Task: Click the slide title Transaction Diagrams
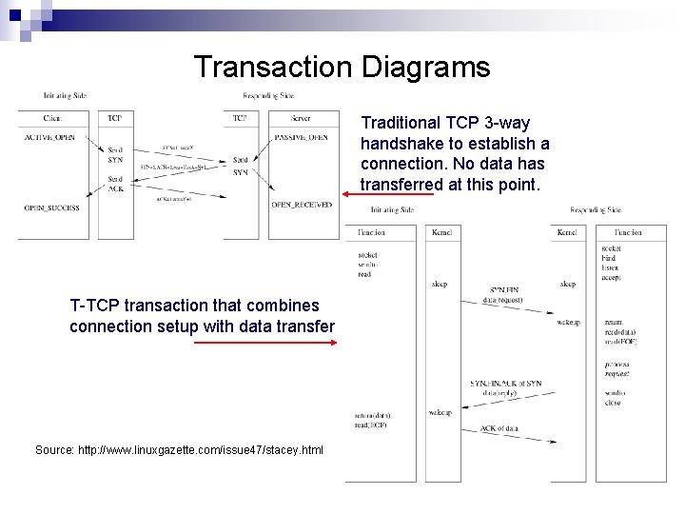tap(342, 68)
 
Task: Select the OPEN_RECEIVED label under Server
tap(302, 204)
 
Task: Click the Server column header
tap(302, 118)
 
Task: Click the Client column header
tap(53, 118)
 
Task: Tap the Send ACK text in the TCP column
tap(115, 184)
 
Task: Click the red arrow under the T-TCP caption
tap(265, 345)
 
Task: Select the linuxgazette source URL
tap(179, 449)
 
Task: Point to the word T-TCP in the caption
tap(95, 306)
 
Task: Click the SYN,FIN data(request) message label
tap(503, 294)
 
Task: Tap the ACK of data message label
tap(499, 429)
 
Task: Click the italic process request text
tap(616, 369)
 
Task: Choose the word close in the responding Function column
tap(613, 403)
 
